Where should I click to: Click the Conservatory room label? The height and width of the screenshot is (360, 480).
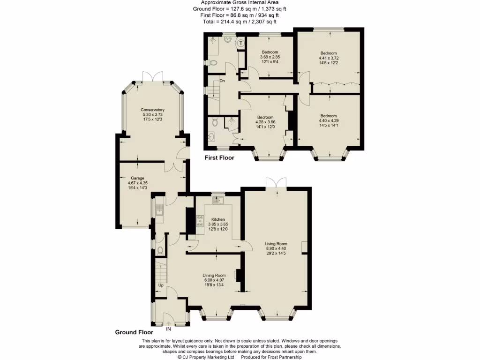pyautogui.click(x=153, y=110)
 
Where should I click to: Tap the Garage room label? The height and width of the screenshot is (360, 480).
pyautogui.click(x=137, y=178)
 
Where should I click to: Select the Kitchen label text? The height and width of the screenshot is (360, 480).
pyautogui.click(x=218, y=219)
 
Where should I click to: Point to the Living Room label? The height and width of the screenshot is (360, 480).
pyautogui.click(x=276, y=243)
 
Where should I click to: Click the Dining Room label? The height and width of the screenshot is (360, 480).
pyautogui.click(x=214, y=275)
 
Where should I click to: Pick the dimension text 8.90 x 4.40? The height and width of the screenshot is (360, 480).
pyautogui.click(x=276, y=248)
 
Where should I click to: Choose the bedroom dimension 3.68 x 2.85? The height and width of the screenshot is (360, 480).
pyautogui.click(x=270, y=57)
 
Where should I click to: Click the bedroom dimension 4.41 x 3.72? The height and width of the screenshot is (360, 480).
pyautogui.click(x=329, y=58)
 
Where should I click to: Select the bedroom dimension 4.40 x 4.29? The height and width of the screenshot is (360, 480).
pyautogui.click(x=329, y=120)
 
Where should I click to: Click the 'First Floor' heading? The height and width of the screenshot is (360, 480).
pyautogui.click(x=219, y=158)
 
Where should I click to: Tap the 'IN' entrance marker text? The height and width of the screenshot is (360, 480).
pyautogui.click(x=169, y=329)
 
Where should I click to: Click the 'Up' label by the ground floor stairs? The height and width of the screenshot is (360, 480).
pyautogui.click(x=161, y=285)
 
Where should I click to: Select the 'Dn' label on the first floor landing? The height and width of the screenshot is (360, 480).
pyautogui.click(x=222, y=81)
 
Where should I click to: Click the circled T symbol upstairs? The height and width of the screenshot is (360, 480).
pyautogui.click(x=241, y=44)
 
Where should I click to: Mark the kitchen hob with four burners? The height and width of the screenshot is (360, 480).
pyautogui.click(x=200, y=221)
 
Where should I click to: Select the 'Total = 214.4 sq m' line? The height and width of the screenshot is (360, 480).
pyautogui.click(x=240, y=21)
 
